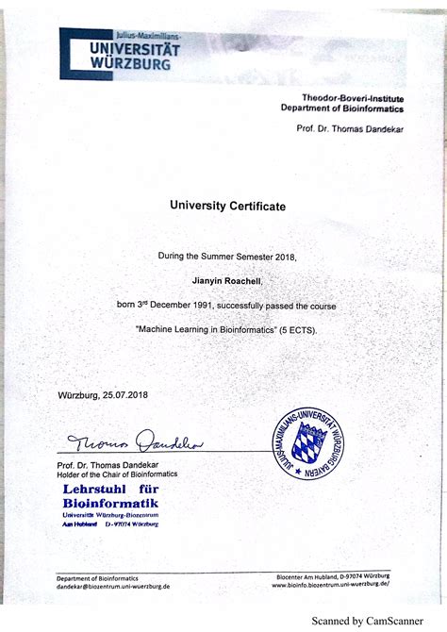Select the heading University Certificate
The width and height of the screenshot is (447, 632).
pos(226,205)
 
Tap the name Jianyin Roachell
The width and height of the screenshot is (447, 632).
pos(225,280)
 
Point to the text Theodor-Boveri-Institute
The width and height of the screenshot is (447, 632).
pos(352,97)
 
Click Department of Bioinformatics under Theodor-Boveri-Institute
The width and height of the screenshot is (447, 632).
pos(341,108)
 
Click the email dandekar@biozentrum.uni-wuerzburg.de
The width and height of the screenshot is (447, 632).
pos(113,586)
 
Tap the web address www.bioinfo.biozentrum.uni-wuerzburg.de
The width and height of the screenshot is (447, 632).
pos(330,584)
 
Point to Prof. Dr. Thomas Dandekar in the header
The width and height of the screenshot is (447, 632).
pos(349,128)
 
